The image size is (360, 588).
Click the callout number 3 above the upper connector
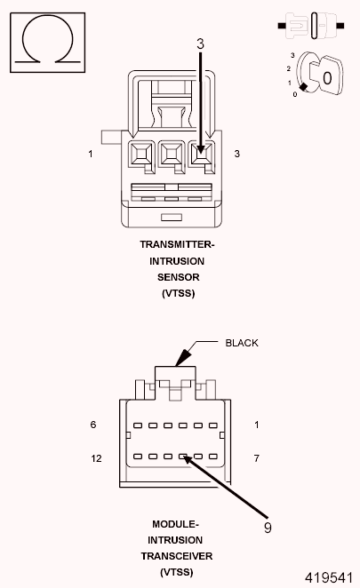(201, 42)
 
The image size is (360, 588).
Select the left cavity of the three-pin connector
(142, 157)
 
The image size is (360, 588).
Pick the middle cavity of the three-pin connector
(172, 157)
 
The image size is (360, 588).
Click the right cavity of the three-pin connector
(202, 157)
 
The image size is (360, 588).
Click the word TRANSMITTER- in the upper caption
(178, 244)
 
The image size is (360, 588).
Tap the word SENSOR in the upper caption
(178, 277)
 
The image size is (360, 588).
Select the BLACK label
(241, 343)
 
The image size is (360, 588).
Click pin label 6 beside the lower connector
(92, 425)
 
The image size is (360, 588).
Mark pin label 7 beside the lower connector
(257, 458)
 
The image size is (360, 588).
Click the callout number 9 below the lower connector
(268, 526)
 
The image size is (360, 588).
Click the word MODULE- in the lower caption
(177, 523)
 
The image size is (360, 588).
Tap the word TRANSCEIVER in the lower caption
(177, 556)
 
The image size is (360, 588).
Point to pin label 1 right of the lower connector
(257, 425)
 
